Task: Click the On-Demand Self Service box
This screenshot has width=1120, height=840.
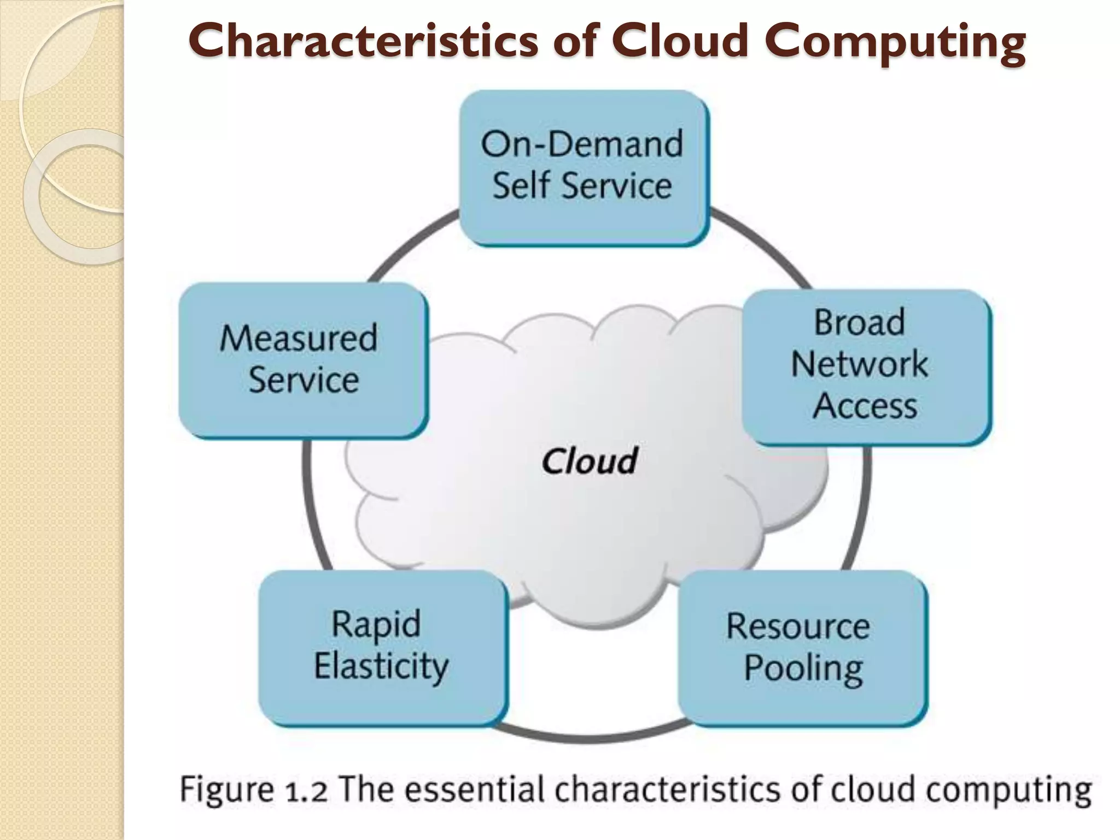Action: pos(583,167)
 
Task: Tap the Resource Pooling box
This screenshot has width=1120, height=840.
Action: pos(802,647)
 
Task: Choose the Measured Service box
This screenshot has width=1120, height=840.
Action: pos(302,359)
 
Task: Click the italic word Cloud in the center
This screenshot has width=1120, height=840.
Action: pos(590,461)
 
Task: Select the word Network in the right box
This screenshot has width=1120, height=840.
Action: pos(859,364)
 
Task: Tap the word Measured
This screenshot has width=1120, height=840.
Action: pos(299,338)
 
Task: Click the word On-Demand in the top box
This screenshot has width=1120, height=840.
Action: pos(582,144)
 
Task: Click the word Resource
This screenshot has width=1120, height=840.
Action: pos(798,627)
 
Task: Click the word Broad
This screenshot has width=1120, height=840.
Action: pos(859,322)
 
